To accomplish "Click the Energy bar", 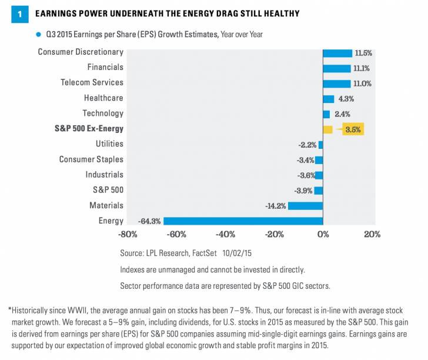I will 243,221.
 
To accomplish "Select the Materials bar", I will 305,206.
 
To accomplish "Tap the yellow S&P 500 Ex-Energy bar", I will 327,129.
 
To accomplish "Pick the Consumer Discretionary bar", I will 337,53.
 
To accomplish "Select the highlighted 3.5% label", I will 352,129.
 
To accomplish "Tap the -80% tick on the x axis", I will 128,235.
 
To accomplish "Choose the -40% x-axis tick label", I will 225,235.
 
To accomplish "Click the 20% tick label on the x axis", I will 372,235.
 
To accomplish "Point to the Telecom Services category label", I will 92,83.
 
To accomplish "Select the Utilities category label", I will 109,144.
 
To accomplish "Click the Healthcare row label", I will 103,98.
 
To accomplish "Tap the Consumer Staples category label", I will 91,159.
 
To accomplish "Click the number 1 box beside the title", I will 19,14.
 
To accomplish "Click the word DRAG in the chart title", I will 233,14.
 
